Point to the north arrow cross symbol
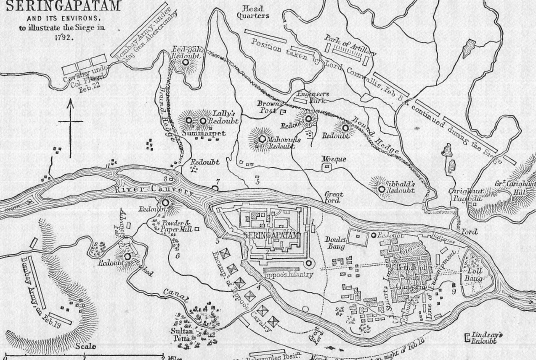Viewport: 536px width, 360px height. point(71,134)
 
